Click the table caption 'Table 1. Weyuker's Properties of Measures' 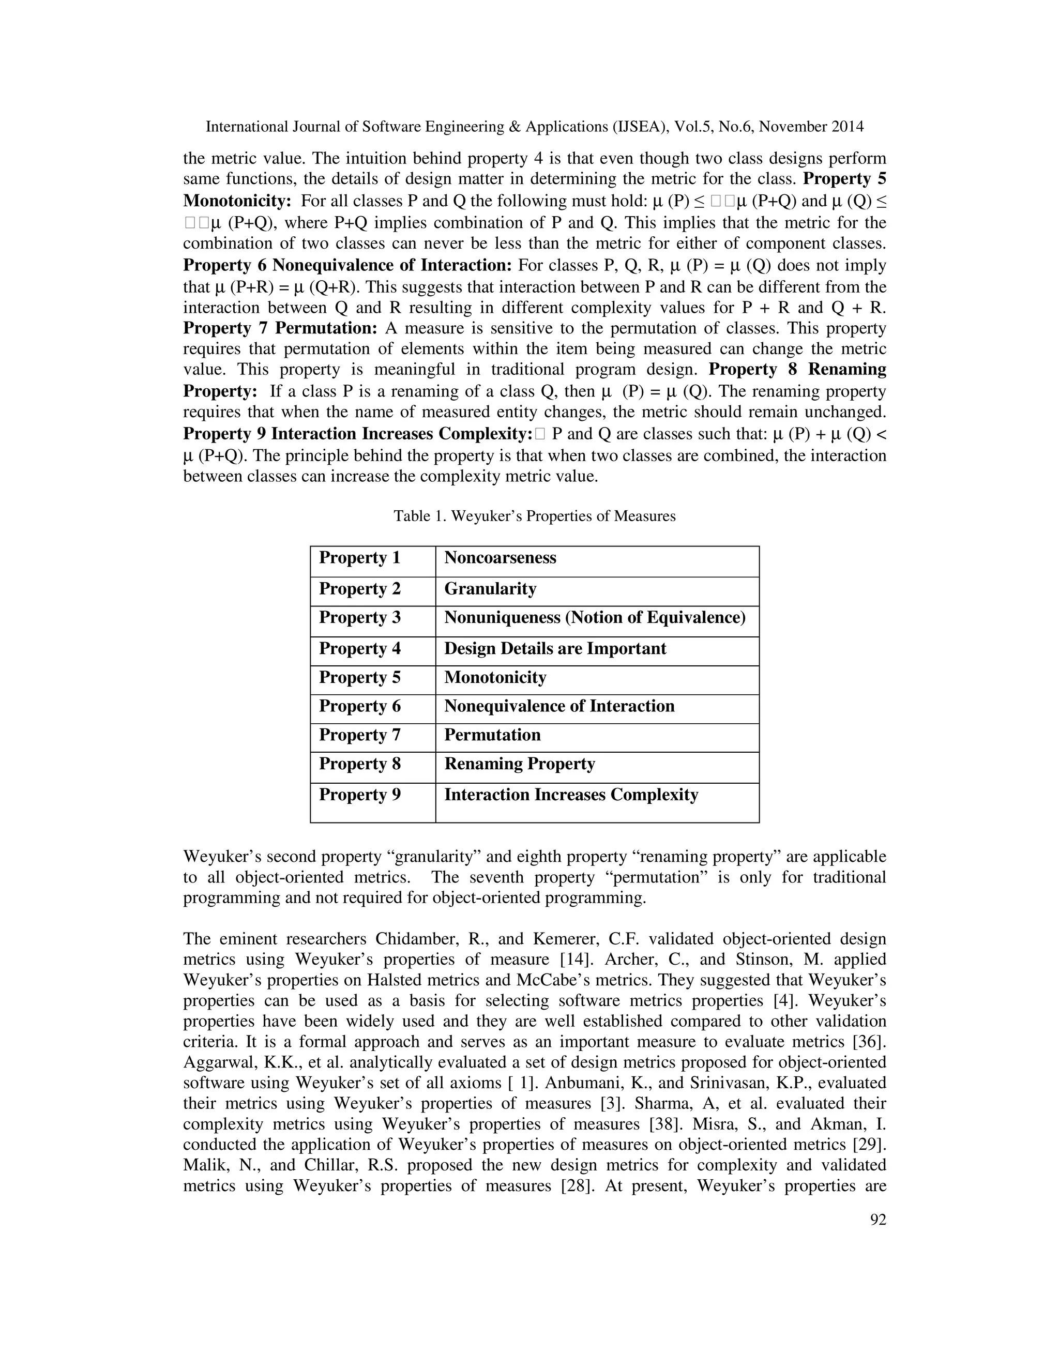click(x=535, y=516)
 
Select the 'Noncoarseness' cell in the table click(x=500, y=558)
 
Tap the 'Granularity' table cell click(x=490, y=588)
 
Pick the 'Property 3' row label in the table click(x=359, y=617)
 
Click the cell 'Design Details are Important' click(x=555, y=649)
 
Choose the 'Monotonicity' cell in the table click(x=495, y=677)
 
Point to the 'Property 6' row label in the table click(x=359, y=706)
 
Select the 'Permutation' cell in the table click(x=492, y=735)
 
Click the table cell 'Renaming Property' click(x=520, y=764)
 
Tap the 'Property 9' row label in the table click(x=359, y=795)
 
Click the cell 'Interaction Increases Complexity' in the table click(x=571, y=795)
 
